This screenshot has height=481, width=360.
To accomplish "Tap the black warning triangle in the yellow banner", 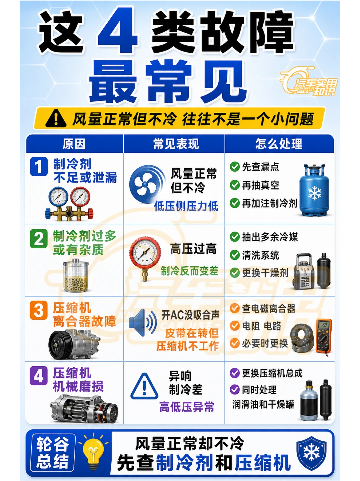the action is tap(56, 119).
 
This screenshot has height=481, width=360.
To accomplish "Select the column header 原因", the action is tap(74, 144).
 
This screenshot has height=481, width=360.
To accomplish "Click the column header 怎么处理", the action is tap(279, 144).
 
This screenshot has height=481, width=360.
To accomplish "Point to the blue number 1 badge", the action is tap(39, 167).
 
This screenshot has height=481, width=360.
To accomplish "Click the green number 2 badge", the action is tap(39, 238).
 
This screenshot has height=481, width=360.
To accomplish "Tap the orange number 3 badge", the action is tap(39, 310).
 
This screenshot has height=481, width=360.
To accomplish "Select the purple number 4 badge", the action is tap(39, 376).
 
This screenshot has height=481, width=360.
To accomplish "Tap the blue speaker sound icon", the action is tap(142, 322).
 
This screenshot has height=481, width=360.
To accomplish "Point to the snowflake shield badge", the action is tap(311, 453).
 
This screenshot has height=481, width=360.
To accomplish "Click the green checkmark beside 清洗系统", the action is tap(235, 255).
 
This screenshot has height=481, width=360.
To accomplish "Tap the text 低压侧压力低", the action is tap(186, 206).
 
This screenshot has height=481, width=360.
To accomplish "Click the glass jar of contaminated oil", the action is tap(76, 275).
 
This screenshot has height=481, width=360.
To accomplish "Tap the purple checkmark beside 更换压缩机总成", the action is tap(235, 373).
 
